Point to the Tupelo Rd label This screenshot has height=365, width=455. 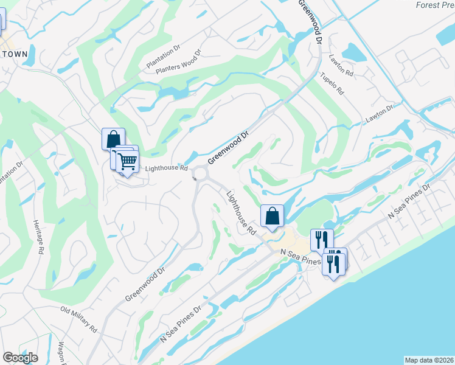(333, 85)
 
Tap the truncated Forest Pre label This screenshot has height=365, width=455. (434, 5)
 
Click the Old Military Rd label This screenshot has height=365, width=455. (79, 319)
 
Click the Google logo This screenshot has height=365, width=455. (20, 357)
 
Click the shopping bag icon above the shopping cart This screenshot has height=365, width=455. (113, 139)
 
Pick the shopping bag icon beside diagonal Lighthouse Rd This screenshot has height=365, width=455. (272, 215)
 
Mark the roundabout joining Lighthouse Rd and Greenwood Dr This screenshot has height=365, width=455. (200, 176)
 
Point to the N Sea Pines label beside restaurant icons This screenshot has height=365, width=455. (300, 255)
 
